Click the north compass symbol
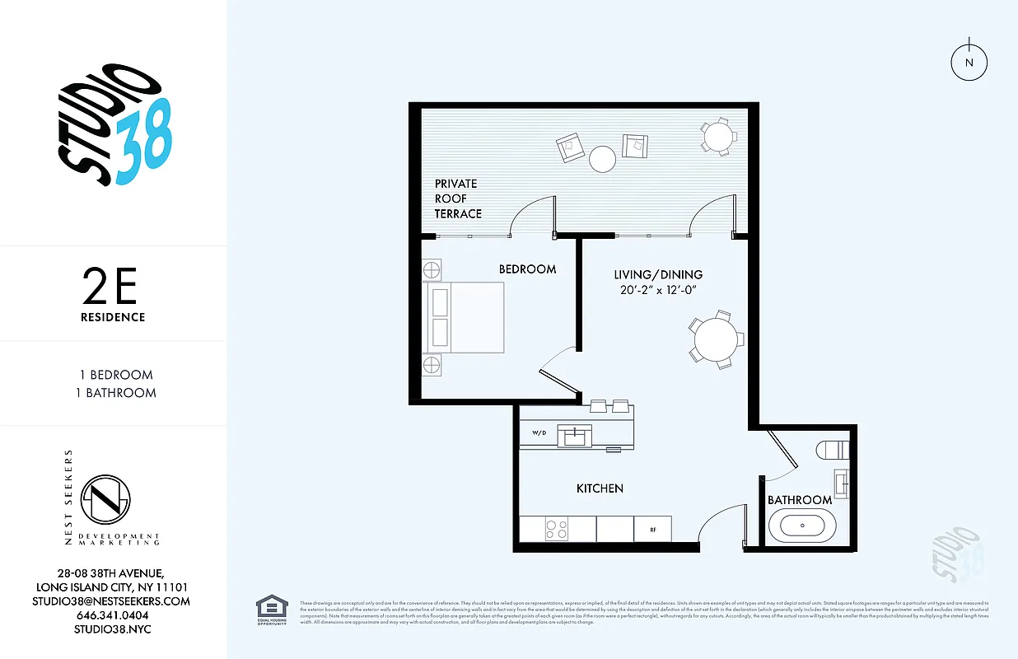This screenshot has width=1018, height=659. [x=969, y=62]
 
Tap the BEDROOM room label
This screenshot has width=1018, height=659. [x=527, y=269]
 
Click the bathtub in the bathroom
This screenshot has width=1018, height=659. [x=796, y=526]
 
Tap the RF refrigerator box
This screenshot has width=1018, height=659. [x=652, y=529]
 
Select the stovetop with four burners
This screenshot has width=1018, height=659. [x=557, y=529]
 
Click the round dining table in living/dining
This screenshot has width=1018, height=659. [x=717, y=339]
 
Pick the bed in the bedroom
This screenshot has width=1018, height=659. [x=464, y=318]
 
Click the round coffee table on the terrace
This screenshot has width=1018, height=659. [x=602, y=157]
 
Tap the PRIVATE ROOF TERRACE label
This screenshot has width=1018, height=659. [x=458, y=199]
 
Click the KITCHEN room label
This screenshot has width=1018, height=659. [x=600, y=488]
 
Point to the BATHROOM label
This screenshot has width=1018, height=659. [x=799, y=500]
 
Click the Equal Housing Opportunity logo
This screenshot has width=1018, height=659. [x=272, y=609]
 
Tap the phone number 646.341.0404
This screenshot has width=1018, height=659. [x=113, y=615]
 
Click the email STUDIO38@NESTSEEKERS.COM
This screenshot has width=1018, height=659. [x=113, y=601]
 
